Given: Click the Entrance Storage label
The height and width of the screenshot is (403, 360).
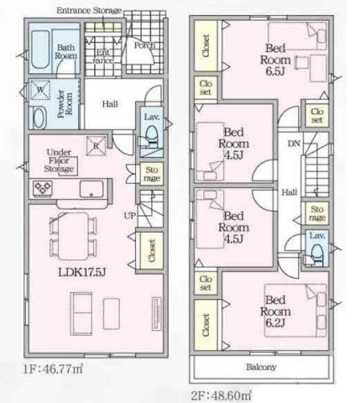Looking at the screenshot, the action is click(89, 11).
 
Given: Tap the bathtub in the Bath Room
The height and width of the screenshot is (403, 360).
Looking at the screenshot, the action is click(40, 50).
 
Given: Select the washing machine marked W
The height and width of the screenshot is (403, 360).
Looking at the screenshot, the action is click(40, 90).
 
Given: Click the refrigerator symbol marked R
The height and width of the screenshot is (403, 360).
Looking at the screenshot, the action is click(96, 145).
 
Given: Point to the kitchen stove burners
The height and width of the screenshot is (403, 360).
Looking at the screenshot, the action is click(43, 188).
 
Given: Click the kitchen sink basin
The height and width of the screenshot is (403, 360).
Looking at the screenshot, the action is click(91, 189).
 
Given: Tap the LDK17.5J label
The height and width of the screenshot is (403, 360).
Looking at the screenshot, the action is click(81, 272).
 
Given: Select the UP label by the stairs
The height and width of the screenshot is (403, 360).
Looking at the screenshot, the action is click(130, 216).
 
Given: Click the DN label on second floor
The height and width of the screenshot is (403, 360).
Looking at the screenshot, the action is click(294, 144).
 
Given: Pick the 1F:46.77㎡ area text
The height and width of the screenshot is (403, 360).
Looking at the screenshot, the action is click(53, 369).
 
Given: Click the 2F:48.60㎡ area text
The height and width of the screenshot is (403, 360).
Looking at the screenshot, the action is click(221, 395).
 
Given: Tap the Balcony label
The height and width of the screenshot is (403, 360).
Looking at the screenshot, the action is click(261, 367).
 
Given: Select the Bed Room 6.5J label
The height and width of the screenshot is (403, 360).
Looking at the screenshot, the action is click(275, 60).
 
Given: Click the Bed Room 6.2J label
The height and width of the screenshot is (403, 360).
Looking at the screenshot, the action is click(275, 311).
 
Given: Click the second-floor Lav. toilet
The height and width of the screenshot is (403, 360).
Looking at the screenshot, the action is click(317, 254).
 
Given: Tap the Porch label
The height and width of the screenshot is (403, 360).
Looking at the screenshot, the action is click(144, 45).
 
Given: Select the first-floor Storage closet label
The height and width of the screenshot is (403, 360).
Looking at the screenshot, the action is click(152, 174).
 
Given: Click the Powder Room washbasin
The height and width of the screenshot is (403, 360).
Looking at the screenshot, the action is click(39, 118).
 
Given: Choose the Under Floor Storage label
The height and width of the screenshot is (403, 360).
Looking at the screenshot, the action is click(59, 160).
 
